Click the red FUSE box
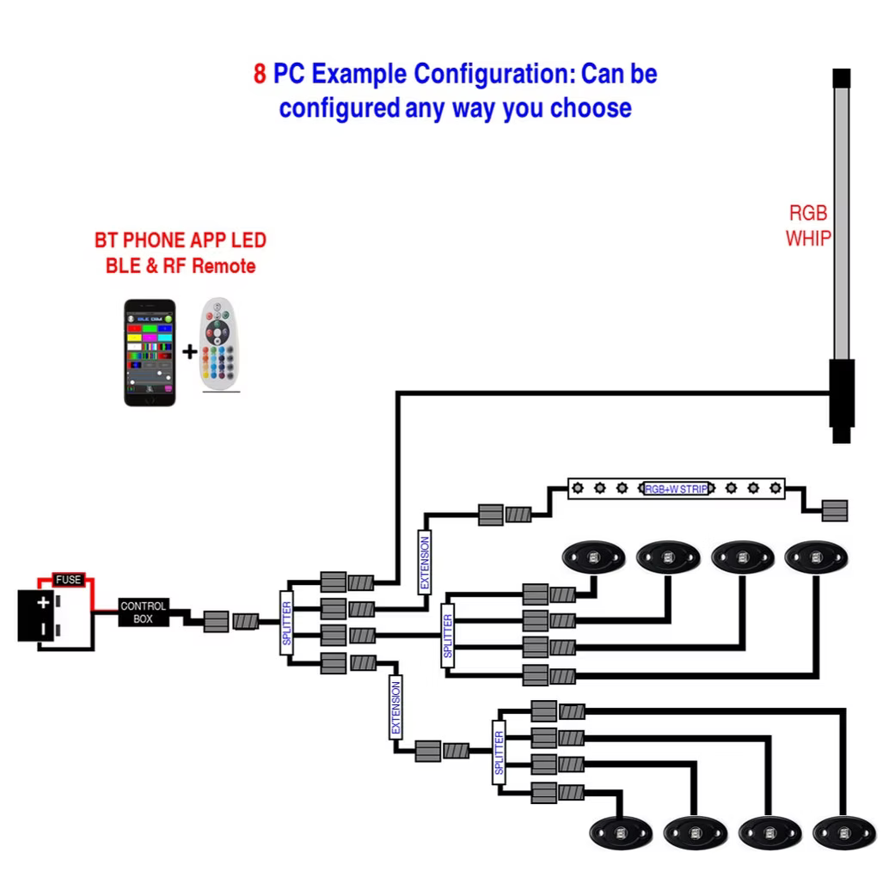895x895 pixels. click(x=68, y=580)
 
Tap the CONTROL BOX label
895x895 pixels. click(x=143, y=612)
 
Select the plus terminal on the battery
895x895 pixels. click(x=43, y=602)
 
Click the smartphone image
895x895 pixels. click(x=150, y=352)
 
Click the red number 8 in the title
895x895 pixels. click(x=260, y=75)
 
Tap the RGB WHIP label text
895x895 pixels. click(x=808, y=226)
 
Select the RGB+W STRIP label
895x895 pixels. click(x=676, y=489)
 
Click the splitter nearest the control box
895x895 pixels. click(x=287, y=623)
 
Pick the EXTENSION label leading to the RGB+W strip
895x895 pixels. click(x=425, y=562)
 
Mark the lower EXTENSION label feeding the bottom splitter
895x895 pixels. click(x=395, y=706)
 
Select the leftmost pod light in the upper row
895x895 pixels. click(x=593, y=557)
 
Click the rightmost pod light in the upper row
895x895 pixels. click(x=816, y=557)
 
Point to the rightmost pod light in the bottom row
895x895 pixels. click(x=844, y=831)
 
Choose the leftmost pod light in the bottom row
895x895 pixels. click(x=621, y=831)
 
